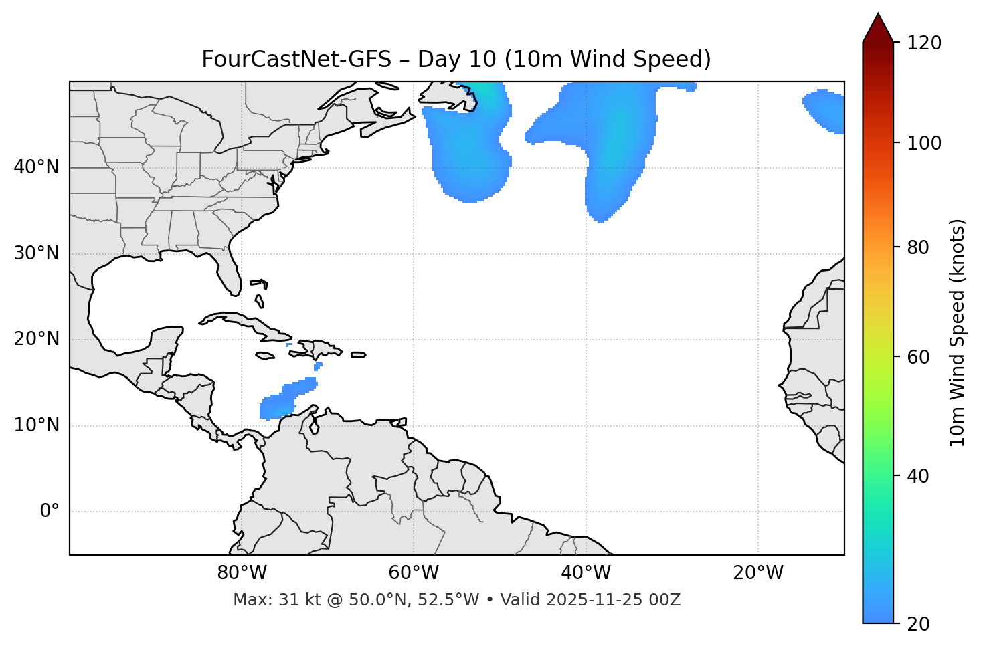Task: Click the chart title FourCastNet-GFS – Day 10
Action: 456,60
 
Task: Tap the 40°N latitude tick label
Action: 36,167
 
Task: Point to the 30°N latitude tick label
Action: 36,253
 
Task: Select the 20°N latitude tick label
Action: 36,339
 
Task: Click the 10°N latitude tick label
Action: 36,425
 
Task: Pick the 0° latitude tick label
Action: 50,512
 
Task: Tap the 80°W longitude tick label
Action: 242,573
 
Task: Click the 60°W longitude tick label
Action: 414,573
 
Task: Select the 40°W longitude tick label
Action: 586,573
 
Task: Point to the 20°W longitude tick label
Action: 757,573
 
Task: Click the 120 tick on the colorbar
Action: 923,43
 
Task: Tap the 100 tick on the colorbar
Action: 923,143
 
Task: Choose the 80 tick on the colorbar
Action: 919,247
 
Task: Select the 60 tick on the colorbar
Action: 919,357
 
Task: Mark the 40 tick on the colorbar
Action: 919,476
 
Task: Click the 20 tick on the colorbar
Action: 919,624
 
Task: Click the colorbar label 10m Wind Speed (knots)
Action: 958,332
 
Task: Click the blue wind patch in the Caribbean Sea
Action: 284,401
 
